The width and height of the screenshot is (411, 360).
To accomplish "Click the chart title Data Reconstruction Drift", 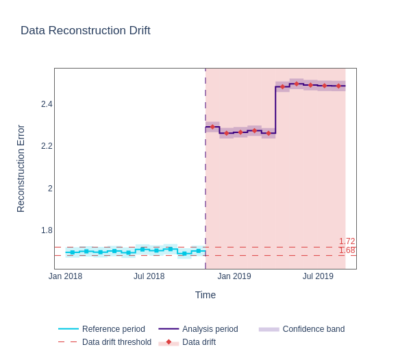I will (86, 31).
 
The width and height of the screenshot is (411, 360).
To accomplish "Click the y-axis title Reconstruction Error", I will (21, 169).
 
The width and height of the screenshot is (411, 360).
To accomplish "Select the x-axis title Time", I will (206, 295).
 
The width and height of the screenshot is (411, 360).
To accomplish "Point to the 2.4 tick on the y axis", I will (47, 104).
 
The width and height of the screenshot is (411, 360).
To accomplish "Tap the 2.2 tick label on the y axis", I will (47, 146).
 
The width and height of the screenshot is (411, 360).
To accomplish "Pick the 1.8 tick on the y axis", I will (47, 230).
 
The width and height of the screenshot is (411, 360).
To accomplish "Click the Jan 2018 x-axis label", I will (65, 276).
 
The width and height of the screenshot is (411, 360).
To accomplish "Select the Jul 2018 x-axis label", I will (149, 276).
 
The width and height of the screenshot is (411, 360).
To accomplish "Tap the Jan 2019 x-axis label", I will (234, 276).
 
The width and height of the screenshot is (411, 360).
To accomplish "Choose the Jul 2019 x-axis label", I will (318, 276).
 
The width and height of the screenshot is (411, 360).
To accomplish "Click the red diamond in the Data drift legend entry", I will (169, 342).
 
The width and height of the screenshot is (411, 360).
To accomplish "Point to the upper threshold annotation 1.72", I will (347, 241).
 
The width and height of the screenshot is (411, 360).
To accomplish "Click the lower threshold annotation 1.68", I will (347, 250).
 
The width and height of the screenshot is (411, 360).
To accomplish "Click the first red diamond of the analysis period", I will (212, 127).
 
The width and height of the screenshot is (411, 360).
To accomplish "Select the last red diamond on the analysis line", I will (338, 86).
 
